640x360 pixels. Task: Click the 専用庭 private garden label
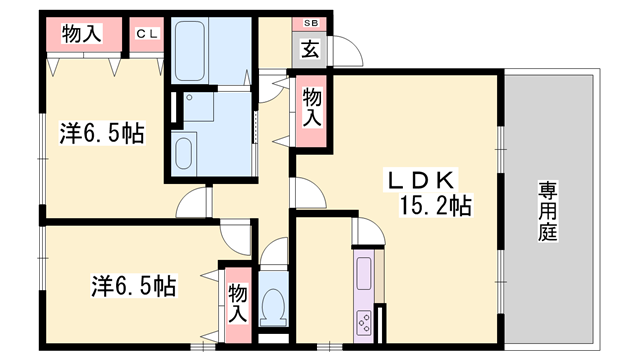(x=548, y=210)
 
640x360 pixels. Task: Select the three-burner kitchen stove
(x=364, y=322)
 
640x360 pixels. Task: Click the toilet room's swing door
(x=271, y=253)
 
